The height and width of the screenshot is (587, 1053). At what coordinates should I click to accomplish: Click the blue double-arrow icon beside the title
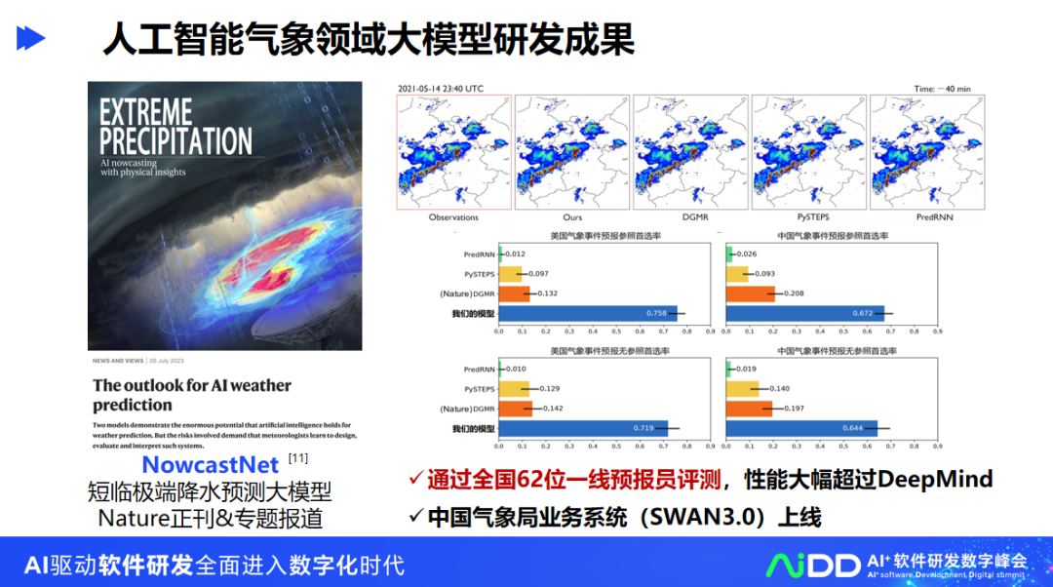31,38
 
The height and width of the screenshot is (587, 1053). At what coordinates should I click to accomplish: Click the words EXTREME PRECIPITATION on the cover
175,127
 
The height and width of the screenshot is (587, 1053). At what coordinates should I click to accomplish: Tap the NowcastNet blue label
211,464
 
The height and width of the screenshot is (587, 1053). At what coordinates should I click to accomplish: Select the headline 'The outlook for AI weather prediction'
192,395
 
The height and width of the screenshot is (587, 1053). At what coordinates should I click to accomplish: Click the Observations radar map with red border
453,151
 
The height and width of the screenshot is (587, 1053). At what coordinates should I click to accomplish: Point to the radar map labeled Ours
571,151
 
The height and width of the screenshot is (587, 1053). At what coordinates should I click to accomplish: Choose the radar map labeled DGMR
689,151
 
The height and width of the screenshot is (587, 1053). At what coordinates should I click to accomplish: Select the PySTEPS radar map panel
808,151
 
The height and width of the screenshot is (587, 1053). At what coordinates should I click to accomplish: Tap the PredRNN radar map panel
926,151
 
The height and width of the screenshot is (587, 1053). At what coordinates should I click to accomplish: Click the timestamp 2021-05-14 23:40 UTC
440,88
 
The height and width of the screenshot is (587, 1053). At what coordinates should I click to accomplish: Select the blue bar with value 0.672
805,313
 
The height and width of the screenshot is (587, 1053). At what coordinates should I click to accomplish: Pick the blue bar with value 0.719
583,428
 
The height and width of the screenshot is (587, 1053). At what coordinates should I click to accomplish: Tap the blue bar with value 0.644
801,428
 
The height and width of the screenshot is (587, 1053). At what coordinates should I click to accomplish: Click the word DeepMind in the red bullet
936,479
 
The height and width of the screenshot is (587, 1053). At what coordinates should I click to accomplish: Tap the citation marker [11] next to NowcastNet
297,458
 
